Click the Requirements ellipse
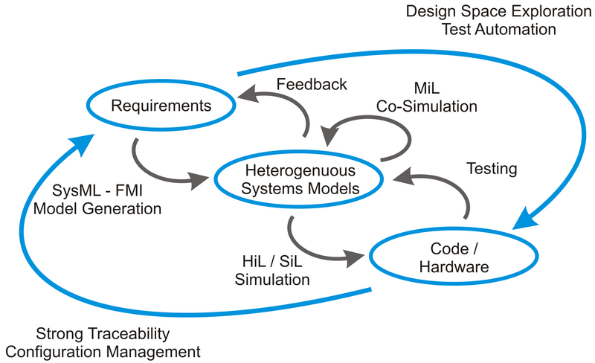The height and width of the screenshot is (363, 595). click(x=161, y=106)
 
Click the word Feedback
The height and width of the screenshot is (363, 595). click(x=311, y=84)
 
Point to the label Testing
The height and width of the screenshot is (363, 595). click(x=492, y=169)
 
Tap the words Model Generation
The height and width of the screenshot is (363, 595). click(x=97, y=208)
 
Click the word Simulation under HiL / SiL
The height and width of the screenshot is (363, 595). click(x=272, y=280)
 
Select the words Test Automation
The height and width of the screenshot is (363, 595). click(x=498, y=30)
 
